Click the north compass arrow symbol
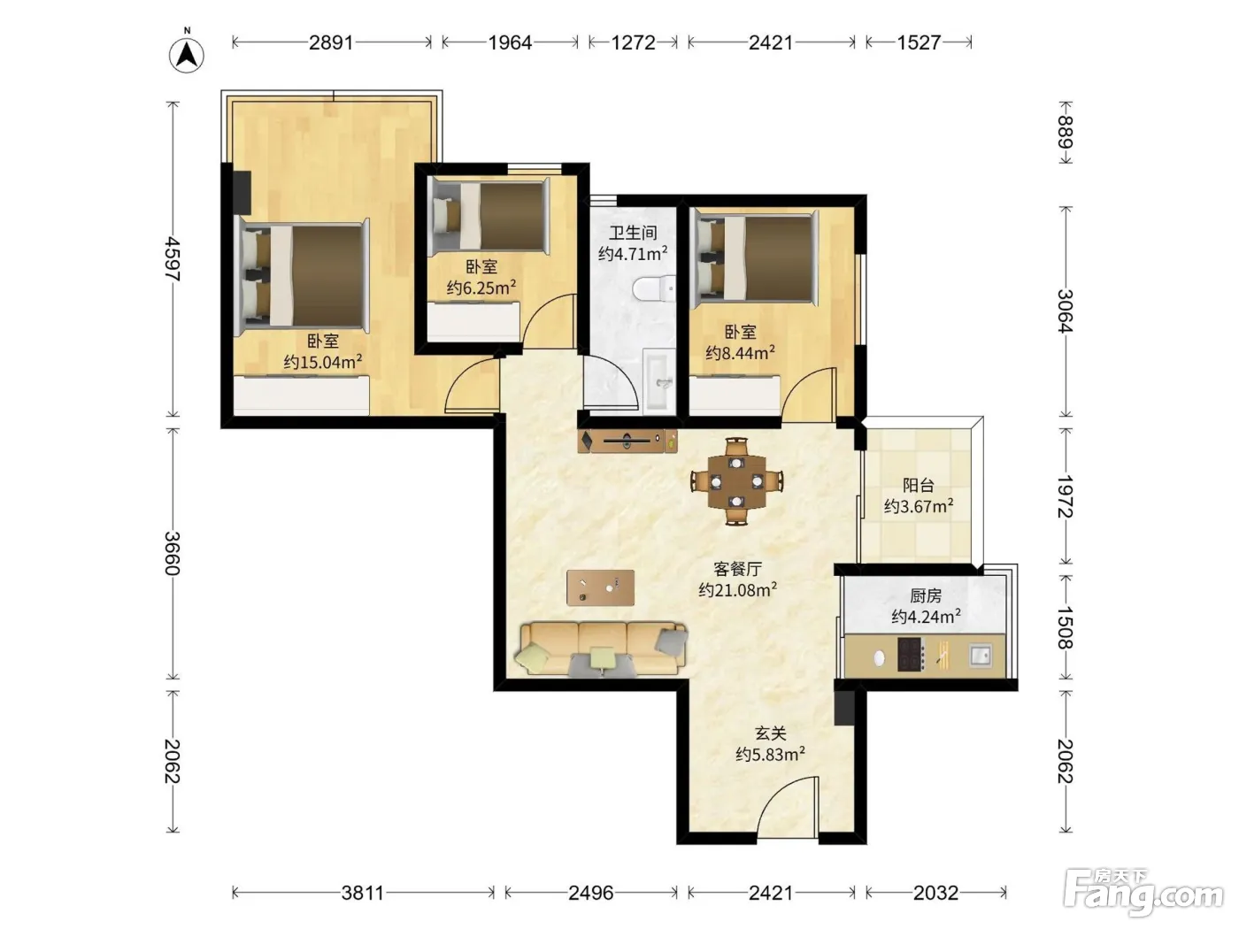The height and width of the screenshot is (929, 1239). tap(186, 55)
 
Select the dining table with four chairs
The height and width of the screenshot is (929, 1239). tap(736, 481)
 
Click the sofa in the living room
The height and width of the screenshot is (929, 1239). tap(601, 649)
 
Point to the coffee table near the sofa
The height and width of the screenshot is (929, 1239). tap(600, 587)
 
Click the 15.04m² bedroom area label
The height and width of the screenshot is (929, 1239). tap(323, 362)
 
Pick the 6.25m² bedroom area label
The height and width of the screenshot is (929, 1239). tap(481, 288)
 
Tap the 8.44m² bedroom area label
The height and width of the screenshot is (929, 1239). tap(740, 352)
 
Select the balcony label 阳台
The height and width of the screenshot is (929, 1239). tap(919, 485)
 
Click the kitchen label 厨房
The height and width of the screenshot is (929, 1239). tap(926, 595)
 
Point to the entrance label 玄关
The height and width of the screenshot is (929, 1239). tap(771, 733)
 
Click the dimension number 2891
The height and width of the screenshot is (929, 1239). tap(331, 42)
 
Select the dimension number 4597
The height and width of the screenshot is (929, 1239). tap(172, 259)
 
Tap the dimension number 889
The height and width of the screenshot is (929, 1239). tap(1065, 132)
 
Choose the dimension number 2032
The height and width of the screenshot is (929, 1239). tap(935, 893)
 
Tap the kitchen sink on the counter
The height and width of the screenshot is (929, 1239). tap(981, 656)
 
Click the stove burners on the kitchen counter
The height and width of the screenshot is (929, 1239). tap(911, 655)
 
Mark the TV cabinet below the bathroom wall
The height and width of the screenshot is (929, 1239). tap(627, 441)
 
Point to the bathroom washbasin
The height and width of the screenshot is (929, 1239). tap(659, 381)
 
